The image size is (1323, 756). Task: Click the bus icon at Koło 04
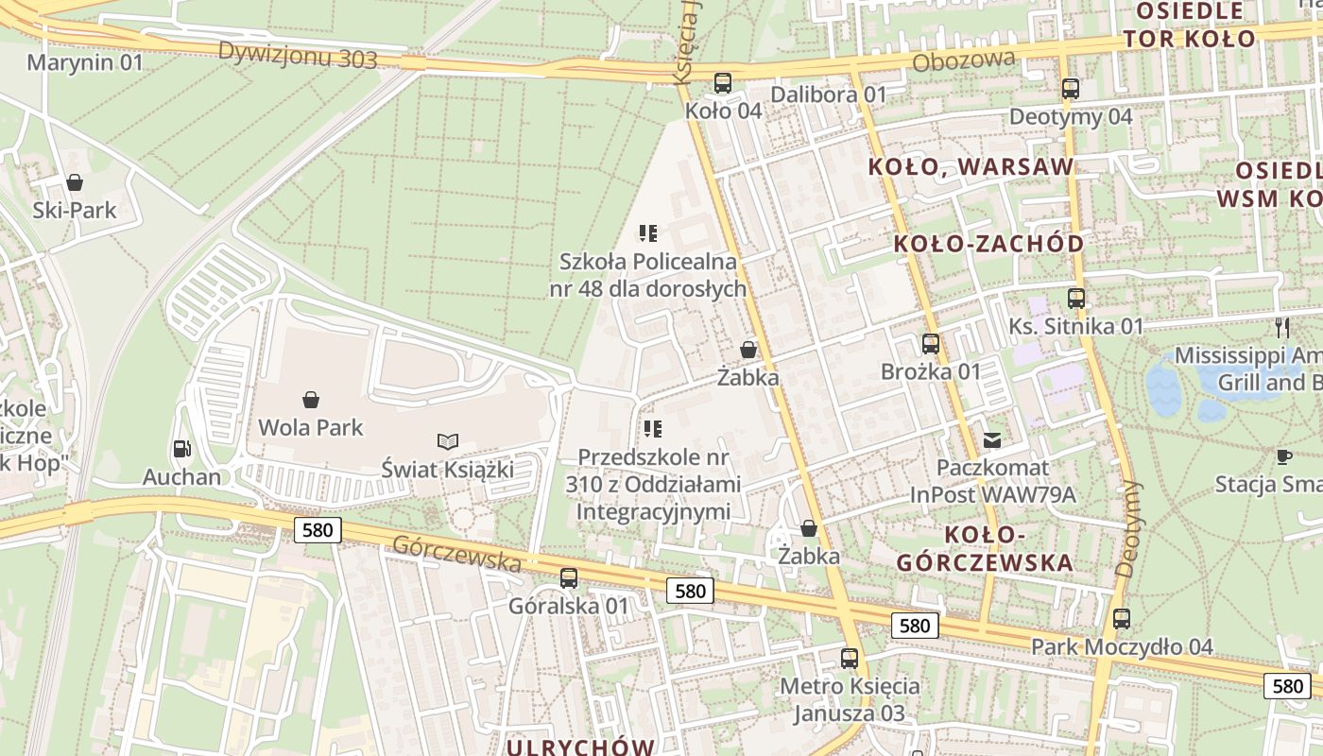(723, 83)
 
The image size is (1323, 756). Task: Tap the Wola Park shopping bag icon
(311, 400)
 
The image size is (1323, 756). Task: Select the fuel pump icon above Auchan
(180, 450)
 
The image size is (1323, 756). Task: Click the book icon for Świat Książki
(448, 441)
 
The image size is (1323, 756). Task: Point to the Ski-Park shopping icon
(75, 181)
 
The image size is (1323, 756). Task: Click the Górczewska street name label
(456, 554)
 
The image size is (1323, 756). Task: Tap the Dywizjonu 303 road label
(297, 56)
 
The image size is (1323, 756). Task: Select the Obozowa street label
(964, 61)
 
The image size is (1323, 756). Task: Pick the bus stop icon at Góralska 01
(569, 577)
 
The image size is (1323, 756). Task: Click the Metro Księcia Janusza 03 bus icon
(850, 658)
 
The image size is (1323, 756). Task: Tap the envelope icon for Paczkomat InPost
(992, 439)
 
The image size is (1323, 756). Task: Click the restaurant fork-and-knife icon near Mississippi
(1282, 328)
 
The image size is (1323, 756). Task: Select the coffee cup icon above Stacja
(1282, 456)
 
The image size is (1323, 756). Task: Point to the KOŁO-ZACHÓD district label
(988, 244)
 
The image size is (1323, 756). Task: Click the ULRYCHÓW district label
(580, 747)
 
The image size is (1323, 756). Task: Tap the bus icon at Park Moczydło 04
(1122, 619)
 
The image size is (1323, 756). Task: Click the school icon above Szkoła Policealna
(648, 232)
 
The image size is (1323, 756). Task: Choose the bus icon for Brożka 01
(931, 344)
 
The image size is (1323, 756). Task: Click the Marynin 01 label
(84, 63)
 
